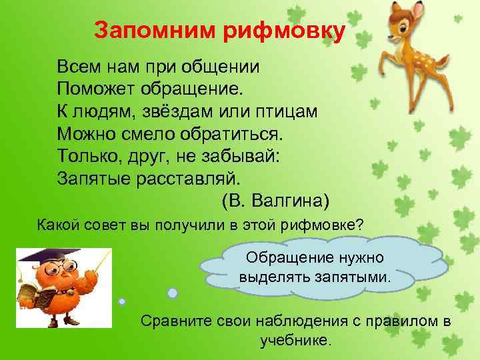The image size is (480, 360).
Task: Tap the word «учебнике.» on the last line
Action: [296, 340]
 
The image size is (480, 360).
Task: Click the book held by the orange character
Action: [33, 297]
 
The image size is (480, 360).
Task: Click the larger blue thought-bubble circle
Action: [172, 292]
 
